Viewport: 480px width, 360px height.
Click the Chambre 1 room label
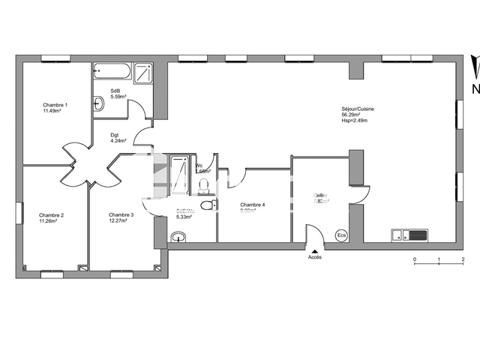(x=55, y=105)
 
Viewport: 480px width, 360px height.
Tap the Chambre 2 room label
(x=52, y=215)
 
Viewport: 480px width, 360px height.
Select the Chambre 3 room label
(x=121, y=215)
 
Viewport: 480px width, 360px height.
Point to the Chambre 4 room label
(x=252, y=205)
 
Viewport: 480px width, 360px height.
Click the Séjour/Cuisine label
(x=358, y=109)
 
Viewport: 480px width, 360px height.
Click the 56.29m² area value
(x=350, y=115)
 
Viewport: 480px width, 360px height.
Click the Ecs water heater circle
(x=342, y=235)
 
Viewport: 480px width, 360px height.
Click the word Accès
(x=315, y=257)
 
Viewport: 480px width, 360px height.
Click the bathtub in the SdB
(x=112, y=72)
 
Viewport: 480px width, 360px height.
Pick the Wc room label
(x=199, y=166)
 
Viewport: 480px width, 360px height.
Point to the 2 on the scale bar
(x=463, y=259)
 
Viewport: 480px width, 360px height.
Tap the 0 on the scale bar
(x=414, y=259)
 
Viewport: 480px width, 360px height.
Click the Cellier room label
(x=322, y=196)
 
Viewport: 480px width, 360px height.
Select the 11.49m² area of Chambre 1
(x=52, y=111)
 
